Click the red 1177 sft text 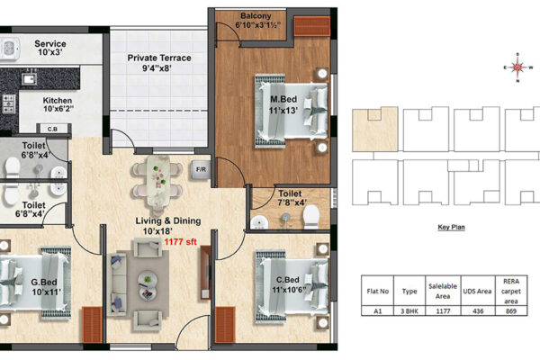coord(181,242)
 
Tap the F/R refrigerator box coord(201,169)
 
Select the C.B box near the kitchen coord(52,130)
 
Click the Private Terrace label coord(159,58)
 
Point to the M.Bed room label coord(283,99)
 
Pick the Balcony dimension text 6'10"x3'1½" coord(257,25)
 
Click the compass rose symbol coord(517,67)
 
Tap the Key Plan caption coord(451,227)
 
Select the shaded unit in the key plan coord(375,130)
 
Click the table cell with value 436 coord(478,311)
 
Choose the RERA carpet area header coord(511,291)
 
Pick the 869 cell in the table coord(511,311)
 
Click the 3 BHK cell coord(409,311)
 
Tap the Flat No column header coord(377,291)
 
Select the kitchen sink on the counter coord(30,78)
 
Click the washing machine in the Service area coord(9,48)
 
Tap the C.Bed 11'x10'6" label coord(288,284)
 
